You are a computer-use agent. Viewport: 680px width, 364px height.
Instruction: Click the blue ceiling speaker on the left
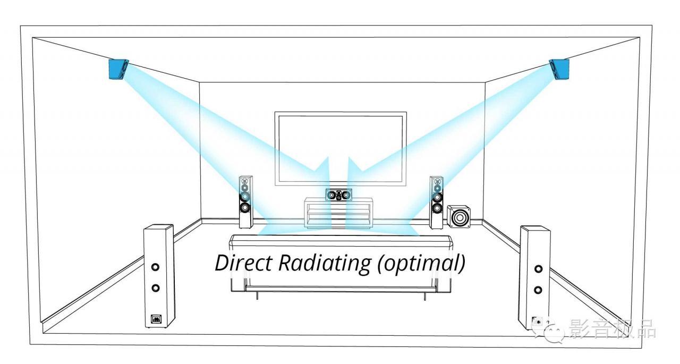(118, 70)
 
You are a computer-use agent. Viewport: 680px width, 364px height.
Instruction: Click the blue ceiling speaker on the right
(559, 70)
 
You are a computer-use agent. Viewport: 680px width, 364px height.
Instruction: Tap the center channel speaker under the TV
(339, 194)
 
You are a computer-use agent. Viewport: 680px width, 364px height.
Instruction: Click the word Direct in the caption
(243, 263)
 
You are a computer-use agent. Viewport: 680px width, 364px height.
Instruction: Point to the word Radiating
(324, 264)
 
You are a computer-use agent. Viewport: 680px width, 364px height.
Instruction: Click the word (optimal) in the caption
(421, 264)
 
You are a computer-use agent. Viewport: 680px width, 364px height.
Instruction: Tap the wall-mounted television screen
(341, 149)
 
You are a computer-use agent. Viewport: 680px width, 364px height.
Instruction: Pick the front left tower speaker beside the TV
(245, 202)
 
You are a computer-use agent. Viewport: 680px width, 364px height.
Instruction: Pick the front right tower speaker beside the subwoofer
(436, 202)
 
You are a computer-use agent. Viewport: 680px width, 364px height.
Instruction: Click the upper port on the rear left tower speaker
(155, 267)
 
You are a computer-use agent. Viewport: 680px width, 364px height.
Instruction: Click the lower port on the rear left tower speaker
(156, 288)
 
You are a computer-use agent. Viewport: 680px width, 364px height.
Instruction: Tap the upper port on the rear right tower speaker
(538, 269)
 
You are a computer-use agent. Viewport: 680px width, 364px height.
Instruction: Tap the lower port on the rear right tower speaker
(538, 290)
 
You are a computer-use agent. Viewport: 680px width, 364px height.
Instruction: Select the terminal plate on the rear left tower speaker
(156, 319)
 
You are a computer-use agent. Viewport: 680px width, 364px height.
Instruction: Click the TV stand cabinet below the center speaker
(338, 213)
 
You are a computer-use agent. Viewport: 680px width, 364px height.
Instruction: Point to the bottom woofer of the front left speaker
(245, 208)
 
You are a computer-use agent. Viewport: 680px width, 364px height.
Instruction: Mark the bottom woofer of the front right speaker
(437, 208)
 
